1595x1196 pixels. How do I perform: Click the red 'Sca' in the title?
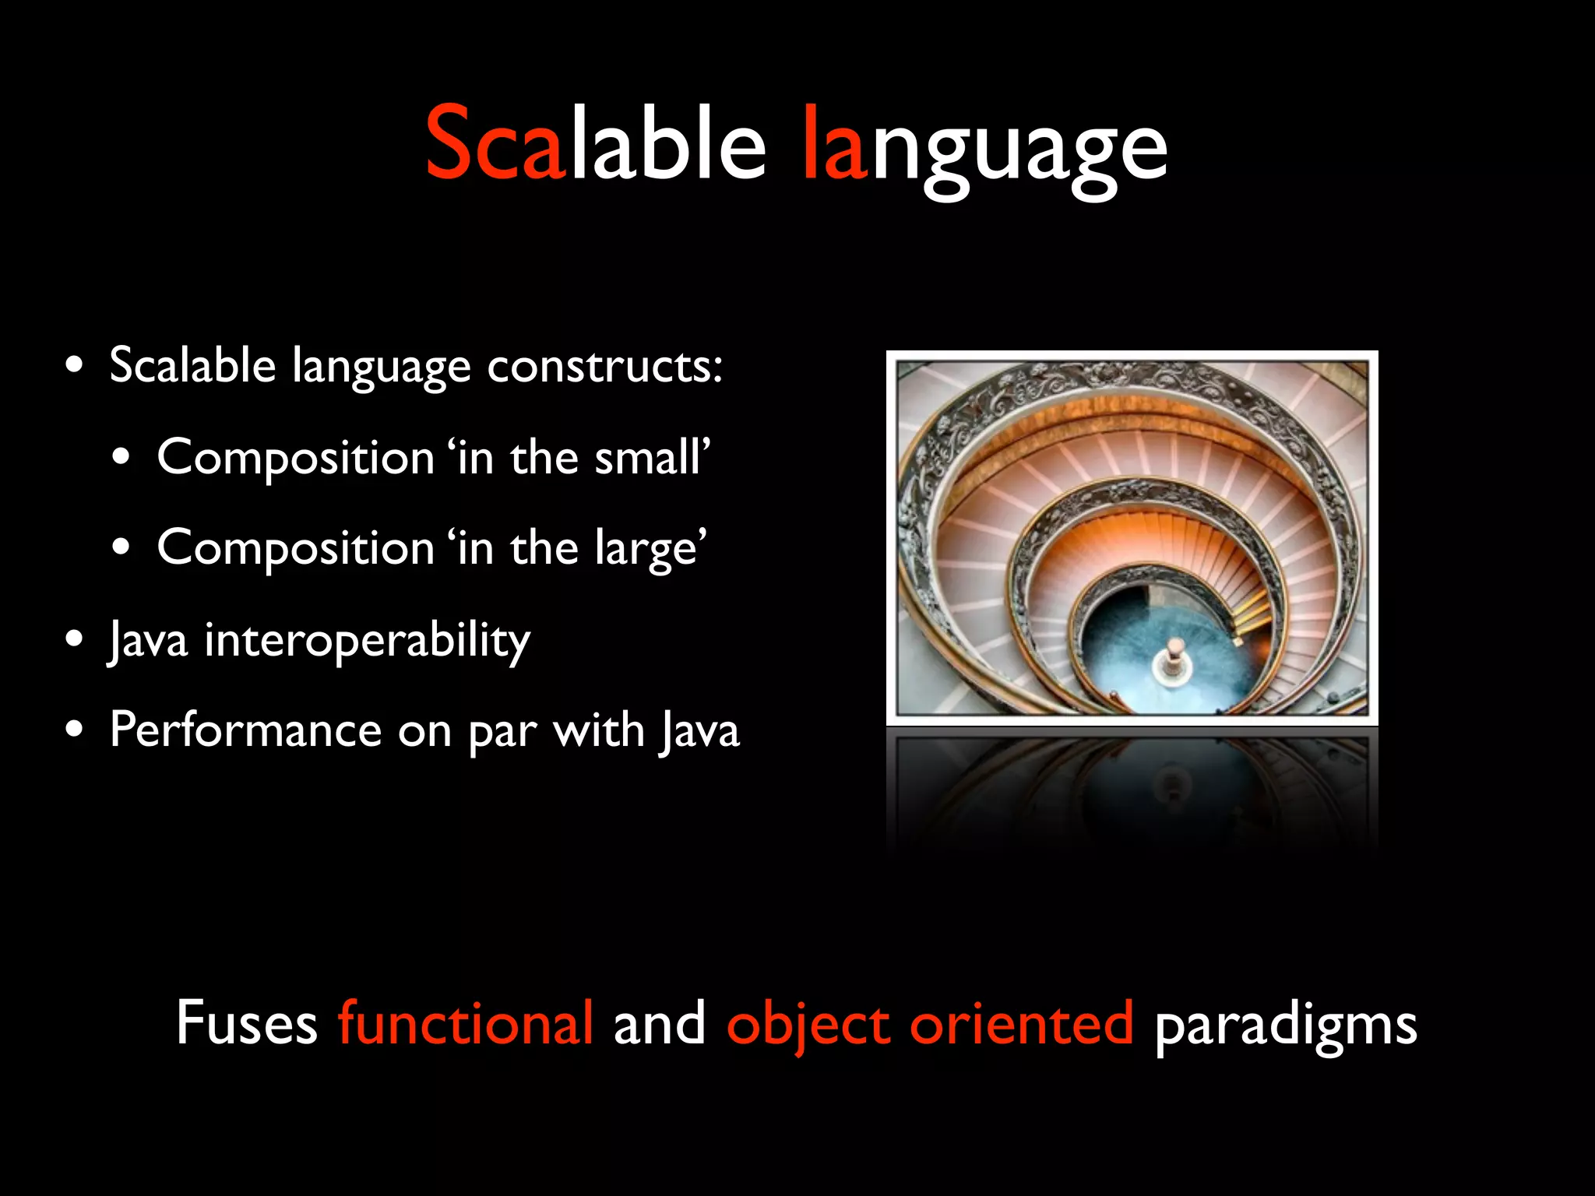coord(495,144)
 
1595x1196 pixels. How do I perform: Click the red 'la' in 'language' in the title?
coord(834,144)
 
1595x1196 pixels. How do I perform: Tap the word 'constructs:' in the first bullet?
coord(604,365)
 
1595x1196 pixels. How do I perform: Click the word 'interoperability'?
coord(367,640)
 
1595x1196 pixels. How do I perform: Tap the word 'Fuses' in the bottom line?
coord(246,1023)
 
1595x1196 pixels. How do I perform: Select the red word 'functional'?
coord(466,1023)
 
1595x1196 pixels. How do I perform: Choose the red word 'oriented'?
coord(1021,1023)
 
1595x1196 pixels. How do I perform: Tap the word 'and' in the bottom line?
coord(659,1023)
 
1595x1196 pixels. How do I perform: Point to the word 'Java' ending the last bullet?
coord(699,732)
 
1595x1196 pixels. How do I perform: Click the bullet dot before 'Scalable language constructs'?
coord(75,365)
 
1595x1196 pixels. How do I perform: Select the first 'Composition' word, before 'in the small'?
coord(295,457)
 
